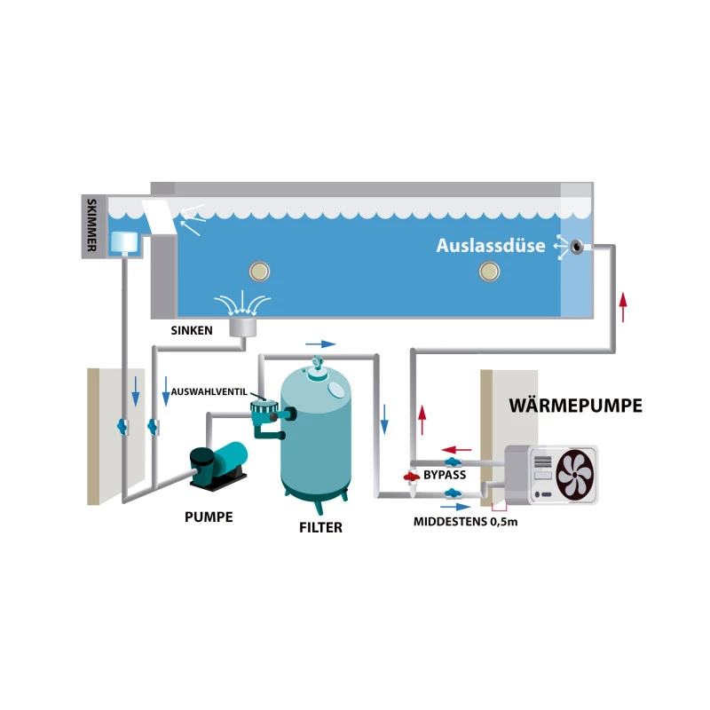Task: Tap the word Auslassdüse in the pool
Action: coord(490,246)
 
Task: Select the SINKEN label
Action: coord(191,329)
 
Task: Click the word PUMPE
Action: coord(209,517)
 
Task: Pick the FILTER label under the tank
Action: coord(320,527)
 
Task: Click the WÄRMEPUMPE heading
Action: coord(575,406)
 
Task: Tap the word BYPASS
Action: coord(445,476)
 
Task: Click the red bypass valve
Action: coord(410,477)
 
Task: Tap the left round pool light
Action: coord(260,271)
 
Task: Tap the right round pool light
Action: coord(486,271)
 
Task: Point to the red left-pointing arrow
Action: coord(456,449)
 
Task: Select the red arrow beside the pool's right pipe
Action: coord(623,305)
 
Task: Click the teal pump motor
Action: coord(229,460)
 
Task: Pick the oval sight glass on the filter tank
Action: coord(339,387)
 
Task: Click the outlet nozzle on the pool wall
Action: coord(578,247)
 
